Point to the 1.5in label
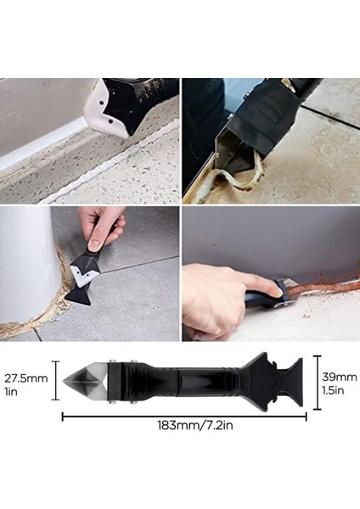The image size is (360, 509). pyautogui.click(x=337, y=390)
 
